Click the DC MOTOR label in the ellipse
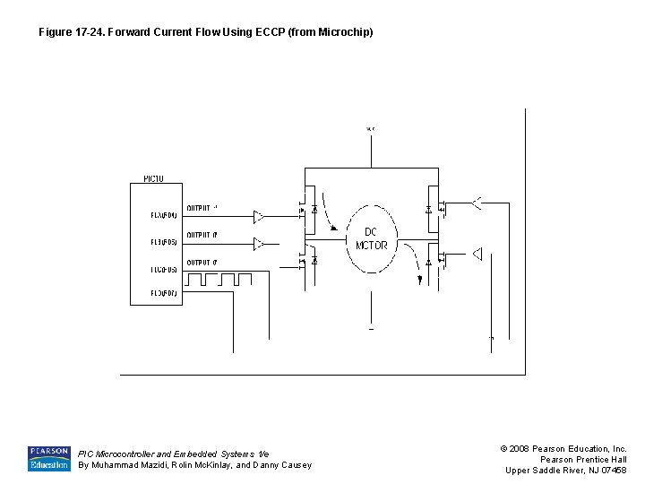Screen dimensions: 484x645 pyautogui.click(x=371, y=238)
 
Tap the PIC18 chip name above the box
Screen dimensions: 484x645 pyautogui.click(x=153, y=179)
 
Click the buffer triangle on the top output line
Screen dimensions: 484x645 pyautogui.click(x=258, y=216)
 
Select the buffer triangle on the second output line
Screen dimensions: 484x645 pyautogui.click(x=258, y=243)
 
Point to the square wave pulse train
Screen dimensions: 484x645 pyautogui.click(x=226, y=279)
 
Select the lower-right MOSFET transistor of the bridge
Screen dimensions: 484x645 pyautogui.click(x=434, y=261)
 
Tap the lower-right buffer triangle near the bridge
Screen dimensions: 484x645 pyautogui.click(x=477, y=254)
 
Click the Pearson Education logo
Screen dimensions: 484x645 pyautogui.click(x=48, y=458)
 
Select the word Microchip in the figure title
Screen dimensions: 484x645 pyautogui.click(x=345, y=32)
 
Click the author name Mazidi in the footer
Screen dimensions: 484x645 pyautogui.click(x=159, y=465)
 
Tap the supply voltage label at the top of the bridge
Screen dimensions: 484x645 pyautogui.click(x=371, y=129)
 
